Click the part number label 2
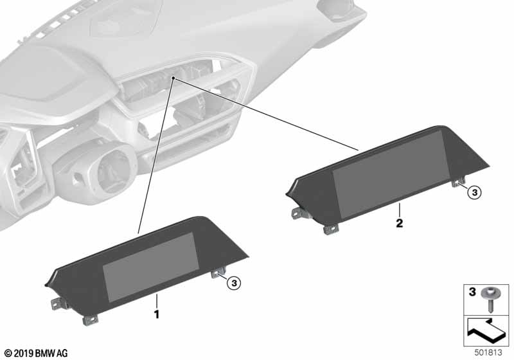[x=399, y=223]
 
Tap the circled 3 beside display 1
[x=235, y=281]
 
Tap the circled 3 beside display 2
[x=474, y=192]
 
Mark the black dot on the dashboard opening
[x=173, y=79]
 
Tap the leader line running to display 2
[x=270, y=116]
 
